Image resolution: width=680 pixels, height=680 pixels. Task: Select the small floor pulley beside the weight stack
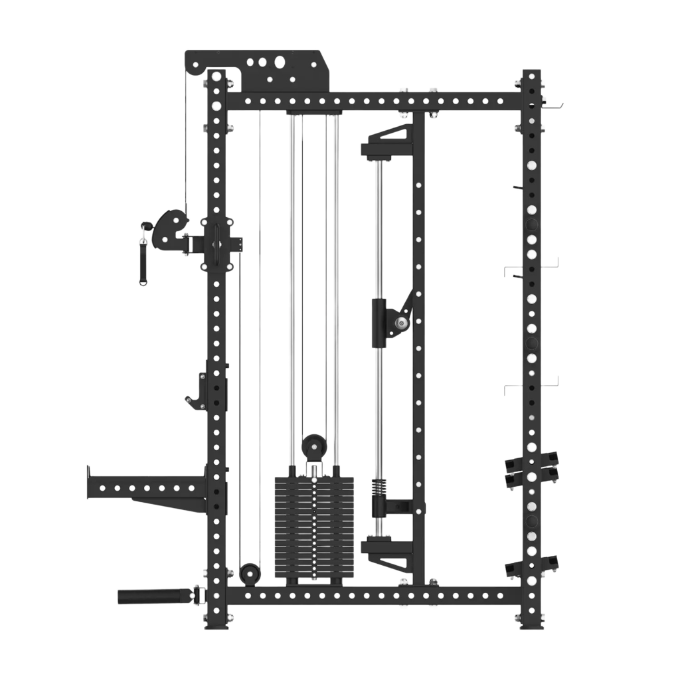(x=250, y=572)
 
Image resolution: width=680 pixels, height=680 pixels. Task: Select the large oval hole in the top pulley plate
(x=280, y=62)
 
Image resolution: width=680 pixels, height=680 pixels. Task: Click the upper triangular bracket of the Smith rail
(x=388, y=141)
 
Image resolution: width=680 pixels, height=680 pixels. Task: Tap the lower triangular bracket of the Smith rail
(x=388, y=553)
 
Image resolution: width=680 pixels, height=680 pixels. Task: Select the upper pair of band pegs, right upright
(x=531, y=468)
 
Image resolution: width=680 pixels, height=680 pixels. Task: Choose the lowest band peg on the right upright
(x=531, y=566)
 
